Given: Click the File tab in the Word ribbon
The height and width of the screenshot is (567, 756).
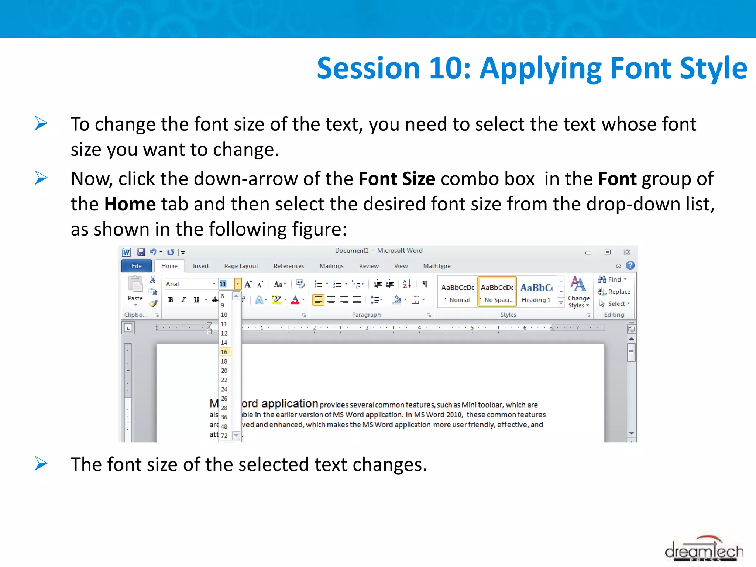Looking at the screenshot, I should tap(136, 266).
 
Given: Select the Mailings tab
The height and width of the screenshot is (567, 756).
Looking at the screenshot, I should tap(331, 266).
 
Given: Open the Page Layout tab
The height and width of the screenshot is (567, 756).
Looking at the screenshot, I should tap(241, 266).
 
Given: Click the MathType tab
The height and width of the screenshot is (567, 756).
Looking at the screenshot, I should tap(436, 266).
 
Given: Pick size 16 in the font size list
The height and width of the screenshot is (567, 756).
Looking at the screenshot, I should tap(224, 352).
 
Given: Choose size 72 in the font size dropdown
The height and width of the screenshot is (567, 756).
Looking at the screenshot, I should tap(224, 436).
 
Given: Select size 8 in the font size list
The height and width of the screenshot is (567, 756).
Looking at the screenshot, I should tap(223, 296).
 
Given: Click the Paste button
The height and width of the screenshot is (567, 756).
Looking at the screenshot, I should tap(135, 290).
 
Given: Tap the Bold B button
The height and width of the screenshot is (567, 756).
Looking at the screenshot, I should tap(171, 300).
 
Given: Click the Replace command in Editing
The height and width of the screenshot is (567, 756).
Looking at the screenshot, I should tap(615, 292).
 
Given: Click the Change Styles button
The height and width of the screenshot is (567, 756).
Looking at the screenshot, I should tap(578, 292).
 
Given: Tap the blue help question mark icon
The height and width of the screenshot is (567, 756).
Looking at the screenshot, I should tap(630, 265).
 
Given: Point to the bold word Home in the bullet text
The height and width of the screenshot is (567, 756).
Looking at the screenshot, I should tap(130, 204).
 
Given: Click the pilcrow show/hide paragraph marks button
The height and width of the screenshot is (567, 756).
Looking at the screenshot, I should tap(425, 284).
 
